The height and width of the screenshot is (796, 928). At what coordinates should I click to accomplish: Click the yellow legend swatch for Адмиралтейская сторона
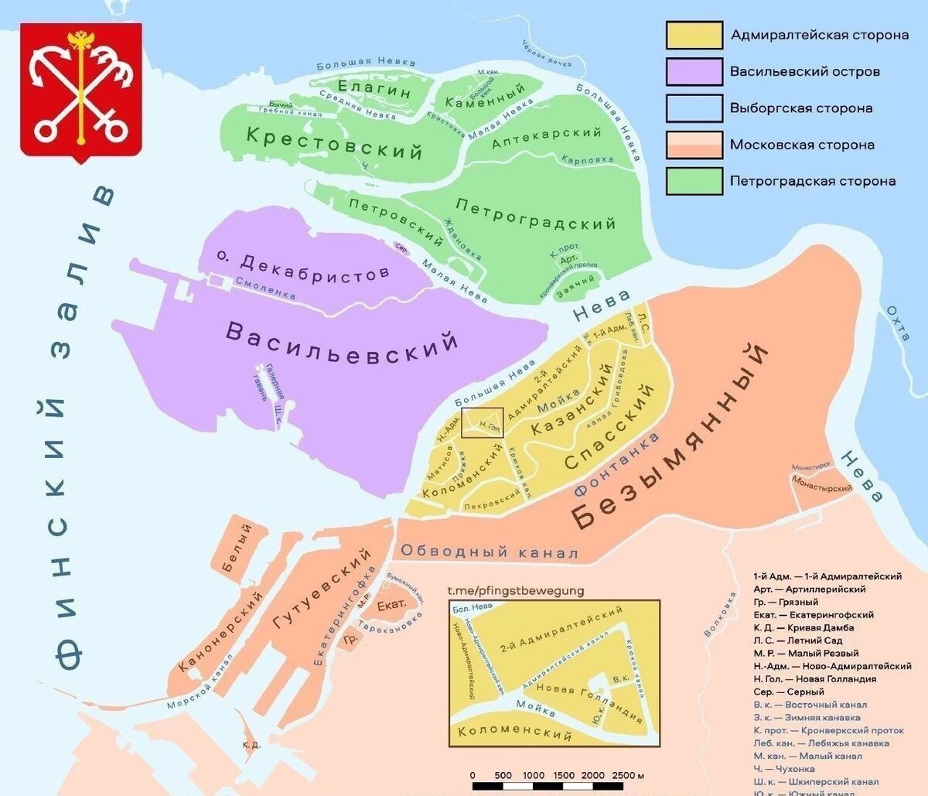click(x=694, y=36)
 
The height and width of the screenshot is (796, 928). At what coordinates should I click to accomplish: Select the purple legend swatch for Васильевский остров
click(x=694, y=72)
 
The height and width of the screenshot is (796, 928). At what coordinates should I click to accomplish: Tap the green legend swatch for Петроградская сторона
click(x=694, y=181)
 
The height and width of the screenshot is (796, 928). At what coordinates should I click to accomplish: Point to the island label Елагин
click(x=374, y=90)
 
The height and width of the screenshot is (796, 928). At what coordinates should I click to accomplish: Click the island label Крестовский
click(x=334, y=142)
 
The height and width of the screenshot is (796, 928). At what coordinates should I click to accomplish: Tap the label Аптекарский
click(x=547, y=137)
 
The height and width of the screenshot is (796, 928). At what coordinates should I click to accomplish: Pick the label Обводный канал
click(x=489, y=552)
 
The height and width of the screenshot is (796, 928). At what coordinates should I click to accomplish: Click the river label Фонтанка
click(x=616, y=464)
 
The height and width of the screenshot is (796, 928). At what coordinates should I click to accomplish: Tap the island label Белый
click(x=237, y=549)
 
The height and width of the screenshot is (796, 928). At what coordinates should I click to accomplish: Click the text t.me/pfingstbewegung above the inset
click(x=516, y=590)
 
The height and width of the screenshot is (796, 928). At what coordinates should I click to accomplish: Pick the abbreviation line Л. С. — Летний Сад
click(x=797, y=641)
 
